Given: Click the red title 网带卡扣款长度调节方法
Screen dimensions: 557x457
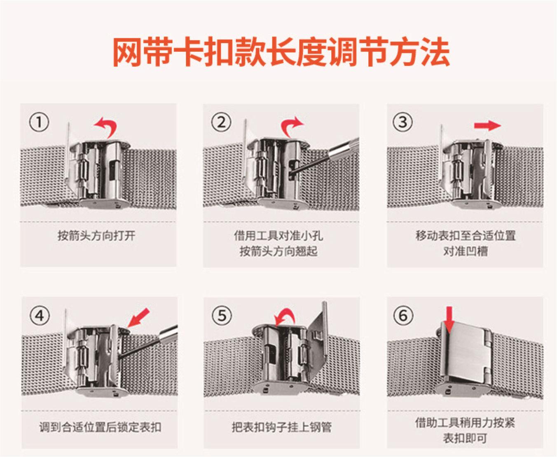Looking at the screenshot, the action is pos(281,52).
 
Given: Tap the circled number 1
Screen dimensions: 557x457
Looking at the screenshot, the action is pos(39,122).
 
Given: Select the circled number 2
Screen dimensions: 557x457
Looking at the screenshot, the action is pos(221,122).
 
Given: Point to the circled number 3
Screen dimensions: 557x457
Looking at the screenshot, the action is pos(403,122).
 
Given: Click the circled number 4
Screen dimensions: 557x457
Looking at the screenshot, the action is pos(40,316).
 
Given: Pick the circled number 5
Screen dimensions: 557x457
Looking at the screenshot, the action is pos(222,316).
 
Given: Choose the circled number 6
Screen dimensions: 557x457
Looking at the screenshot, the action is pos(403,316).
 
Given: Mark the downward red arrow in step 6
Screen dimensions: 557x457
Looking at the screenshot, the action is pos(449,319).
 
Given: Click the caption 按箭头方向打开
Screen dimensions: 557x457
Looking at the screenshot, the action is pos(96,236).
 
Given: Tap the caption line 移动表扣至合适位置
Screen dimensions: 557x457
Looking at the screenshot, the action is pos(466,235).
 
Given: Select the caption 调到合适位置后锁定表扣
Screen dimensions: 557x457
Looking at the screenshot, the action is pos(101,427).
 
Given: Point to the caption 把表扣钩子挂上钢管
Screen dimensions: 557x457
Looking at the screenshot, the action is pos(281,427).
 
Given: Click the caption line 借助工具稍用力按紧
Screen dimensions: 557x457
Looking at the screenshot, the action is pos(465,423).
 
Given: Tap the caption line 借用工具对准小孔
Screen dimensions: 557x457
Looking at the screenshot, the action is pos(278,235).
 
